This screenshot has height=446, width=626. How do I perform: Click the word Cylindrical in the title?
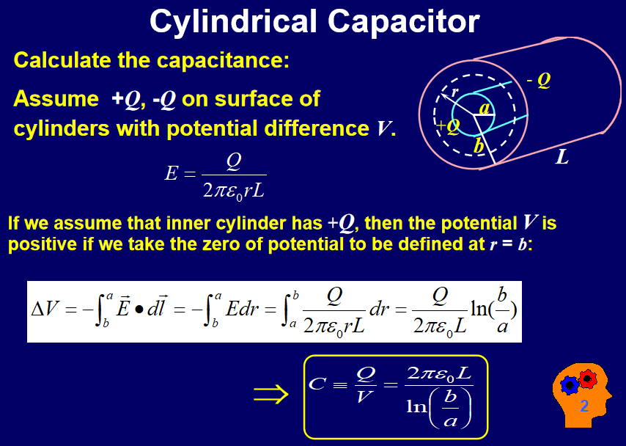(x=233, y=23)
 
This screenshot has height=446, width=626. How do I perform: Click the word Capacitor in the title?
(x=404, y=23)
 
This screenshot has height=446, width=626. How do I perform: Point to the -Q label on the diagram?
(x=539, y=81)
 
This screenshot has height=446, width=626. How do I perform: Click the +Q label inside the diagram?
(x=448, y=126)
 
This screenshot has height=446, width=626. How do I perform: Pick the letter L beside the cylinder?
(x=562, y=158)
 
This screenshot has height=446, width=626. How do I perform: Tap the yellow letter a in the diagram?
(x=484, y=109)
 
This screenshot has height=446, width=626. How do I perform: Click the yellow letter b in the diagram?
(x=478, y=146)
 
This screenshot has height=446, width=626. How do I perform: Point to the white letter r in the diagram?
(x=454, y=92)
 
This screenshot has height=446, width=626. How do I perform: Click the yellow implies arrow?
(x=270, y=395)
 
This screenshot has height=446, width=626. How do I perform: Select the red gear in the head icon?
(x=587, y=378)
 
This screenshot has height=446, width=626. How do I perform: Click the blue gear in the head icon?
(x=570, y=386)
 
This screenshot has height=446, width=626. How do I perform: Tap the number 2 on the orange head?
(x=584, y=406)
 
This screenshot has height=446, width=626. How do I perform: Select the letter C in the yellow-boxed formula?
(x=317, y=384)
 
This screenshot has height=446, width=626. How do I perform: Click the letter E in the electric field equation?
(x=171, y=174)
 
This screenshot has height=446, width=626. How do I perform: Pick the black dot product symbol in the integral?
(x=139, y=310)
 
